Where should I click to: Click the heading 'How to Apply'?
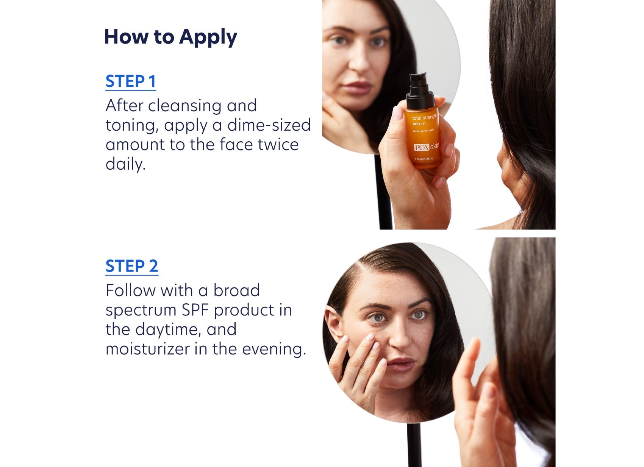pyautogui.click(x=170, y=37)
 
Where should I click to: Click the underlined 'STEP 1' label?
pyautogui.click(x=131, y=81)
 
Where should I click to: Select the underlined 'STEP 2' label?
pyautogui.click(x=131, y=266)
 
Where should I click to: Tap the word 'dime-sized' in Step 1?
pyautogui.click(x=269, y=125)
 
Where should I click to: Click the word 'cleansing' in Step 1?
pyautogui.click(x=184, y=106)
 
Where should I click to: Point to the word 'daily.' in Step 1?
pyautogui.click(x=125, y=164)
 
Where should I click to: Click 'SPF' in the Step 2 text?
pyautogui.click(x=195, y=310)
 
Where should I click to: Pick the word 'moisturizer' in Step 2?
pyautogui.click(x=147, y=349)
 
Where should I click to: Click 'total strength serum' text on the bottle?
pyautogui.click(x=424, y=120)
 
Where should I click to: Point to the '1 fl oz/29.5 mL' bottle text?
pyautogui.click(x=424, y=159)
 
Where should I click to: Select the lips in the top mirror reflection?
pyautogui.click(x=356, y=88)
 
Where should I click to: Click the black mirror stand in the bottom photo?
pyautogui.click(x=414, y=445)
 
